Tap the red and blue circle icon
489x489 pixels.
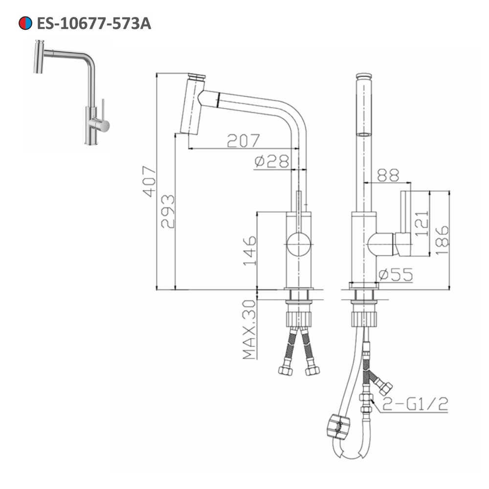pyautogui.click(x=24, y=23)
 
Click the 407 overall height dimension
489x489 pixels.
pyautogui.click(x=149, y=181)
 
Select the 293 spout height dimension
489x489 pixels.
pyautogui.click(x=168, y=211)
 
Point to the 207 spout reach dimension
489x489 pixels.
pyautogui.click(x=243, y=141)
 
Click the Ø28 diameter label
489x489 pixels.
pyautogui.click(x=271, y=161)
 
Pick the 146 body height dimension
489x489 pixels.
pyautogui.click(x=249, y=250)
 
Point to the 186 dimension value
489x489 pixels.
pyautogui.click(x=442, y=240)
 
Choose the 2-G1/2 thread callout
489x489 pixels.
pyautogui.click(x=415, y=403)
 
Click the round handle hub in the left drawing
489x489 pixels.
pyautogui.click(x=298, y=244)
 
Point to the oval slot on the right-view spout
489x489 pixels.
pyautogui.click(x=363, y=133)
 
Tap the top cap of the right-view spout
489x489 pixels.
pyautogui.click(x=363, y=76)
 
